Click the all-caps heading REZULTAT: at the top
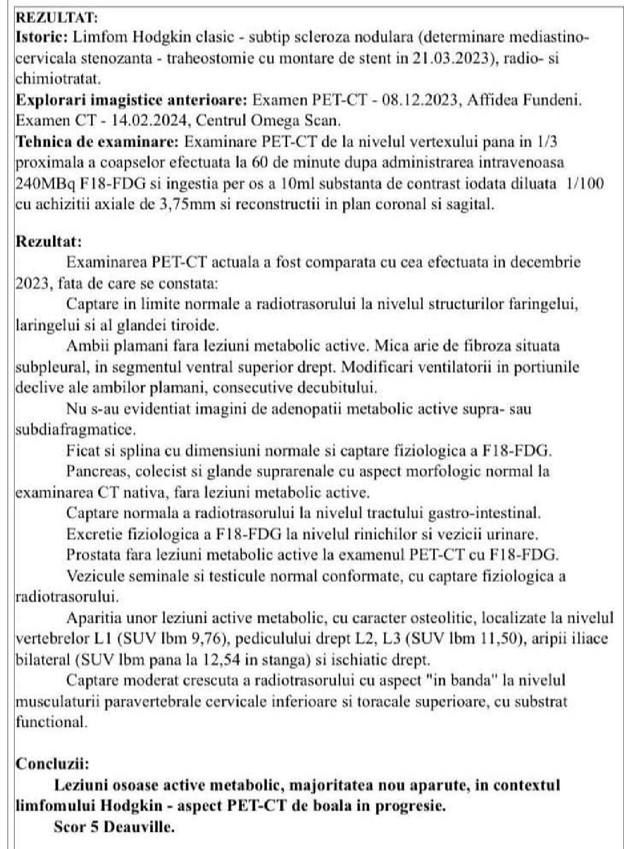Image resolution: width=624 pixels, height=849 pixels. (x=57, y=18)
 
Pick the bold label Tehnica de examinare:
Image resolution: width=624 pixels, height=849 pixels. (x=98, y=142)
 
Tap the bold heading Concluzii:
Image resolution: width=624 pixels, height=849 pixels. (x=52, y=764)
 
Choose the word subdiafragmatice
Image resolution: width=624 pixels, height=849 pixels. (x=75, y=430)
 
